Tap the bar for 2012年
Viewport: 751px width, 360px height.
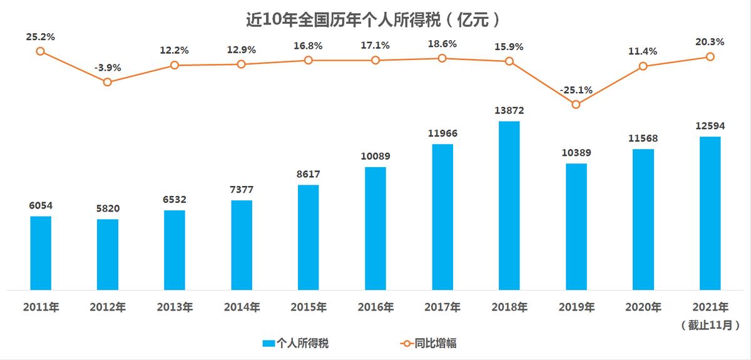pyautogui.click(x=108, y=254)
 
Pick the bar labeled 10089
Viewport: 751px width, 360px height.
pyautogui.click(x=375, y=229)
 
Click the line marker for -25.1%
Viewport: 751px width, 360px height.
pyautogui.click(x=576, y=105)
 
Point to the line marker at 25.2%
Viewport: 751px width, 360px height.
pyautogui.click(x=40, y=51)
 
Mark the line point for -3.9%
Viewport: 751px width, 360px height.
pyautogui.click(x=108, y=82)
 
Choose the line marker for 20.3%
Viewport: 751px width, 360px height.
pyautogui.click(x=710, y=56)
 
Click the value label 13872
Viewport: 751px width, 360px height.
pyautogui.click(x=509, y=111)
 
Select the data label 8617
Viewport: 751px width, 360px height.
pyautogui.click(x=308, y=174)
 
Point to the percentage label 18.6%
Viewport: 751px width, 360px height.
pyautogui.click(x=442, y=44)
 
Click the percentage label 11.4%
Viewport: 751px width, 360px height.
pyautogui.click(x=643, y=51)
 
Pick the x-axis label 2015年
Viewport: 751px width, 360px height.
pyautogui.click(x=308, y=307)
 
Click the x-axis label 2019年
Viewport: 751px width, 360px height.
pyautogui.click(x=576, y=307)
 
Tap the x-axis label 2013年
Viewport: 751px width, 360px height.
pyautogui.click(x=175, y=307)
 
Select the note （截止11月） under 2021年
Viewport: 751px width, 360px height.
pyautogui.click(x=710, y=325)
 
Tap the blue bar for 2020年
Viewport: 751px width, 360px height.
pyautogui.click(x=643, y=219)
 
